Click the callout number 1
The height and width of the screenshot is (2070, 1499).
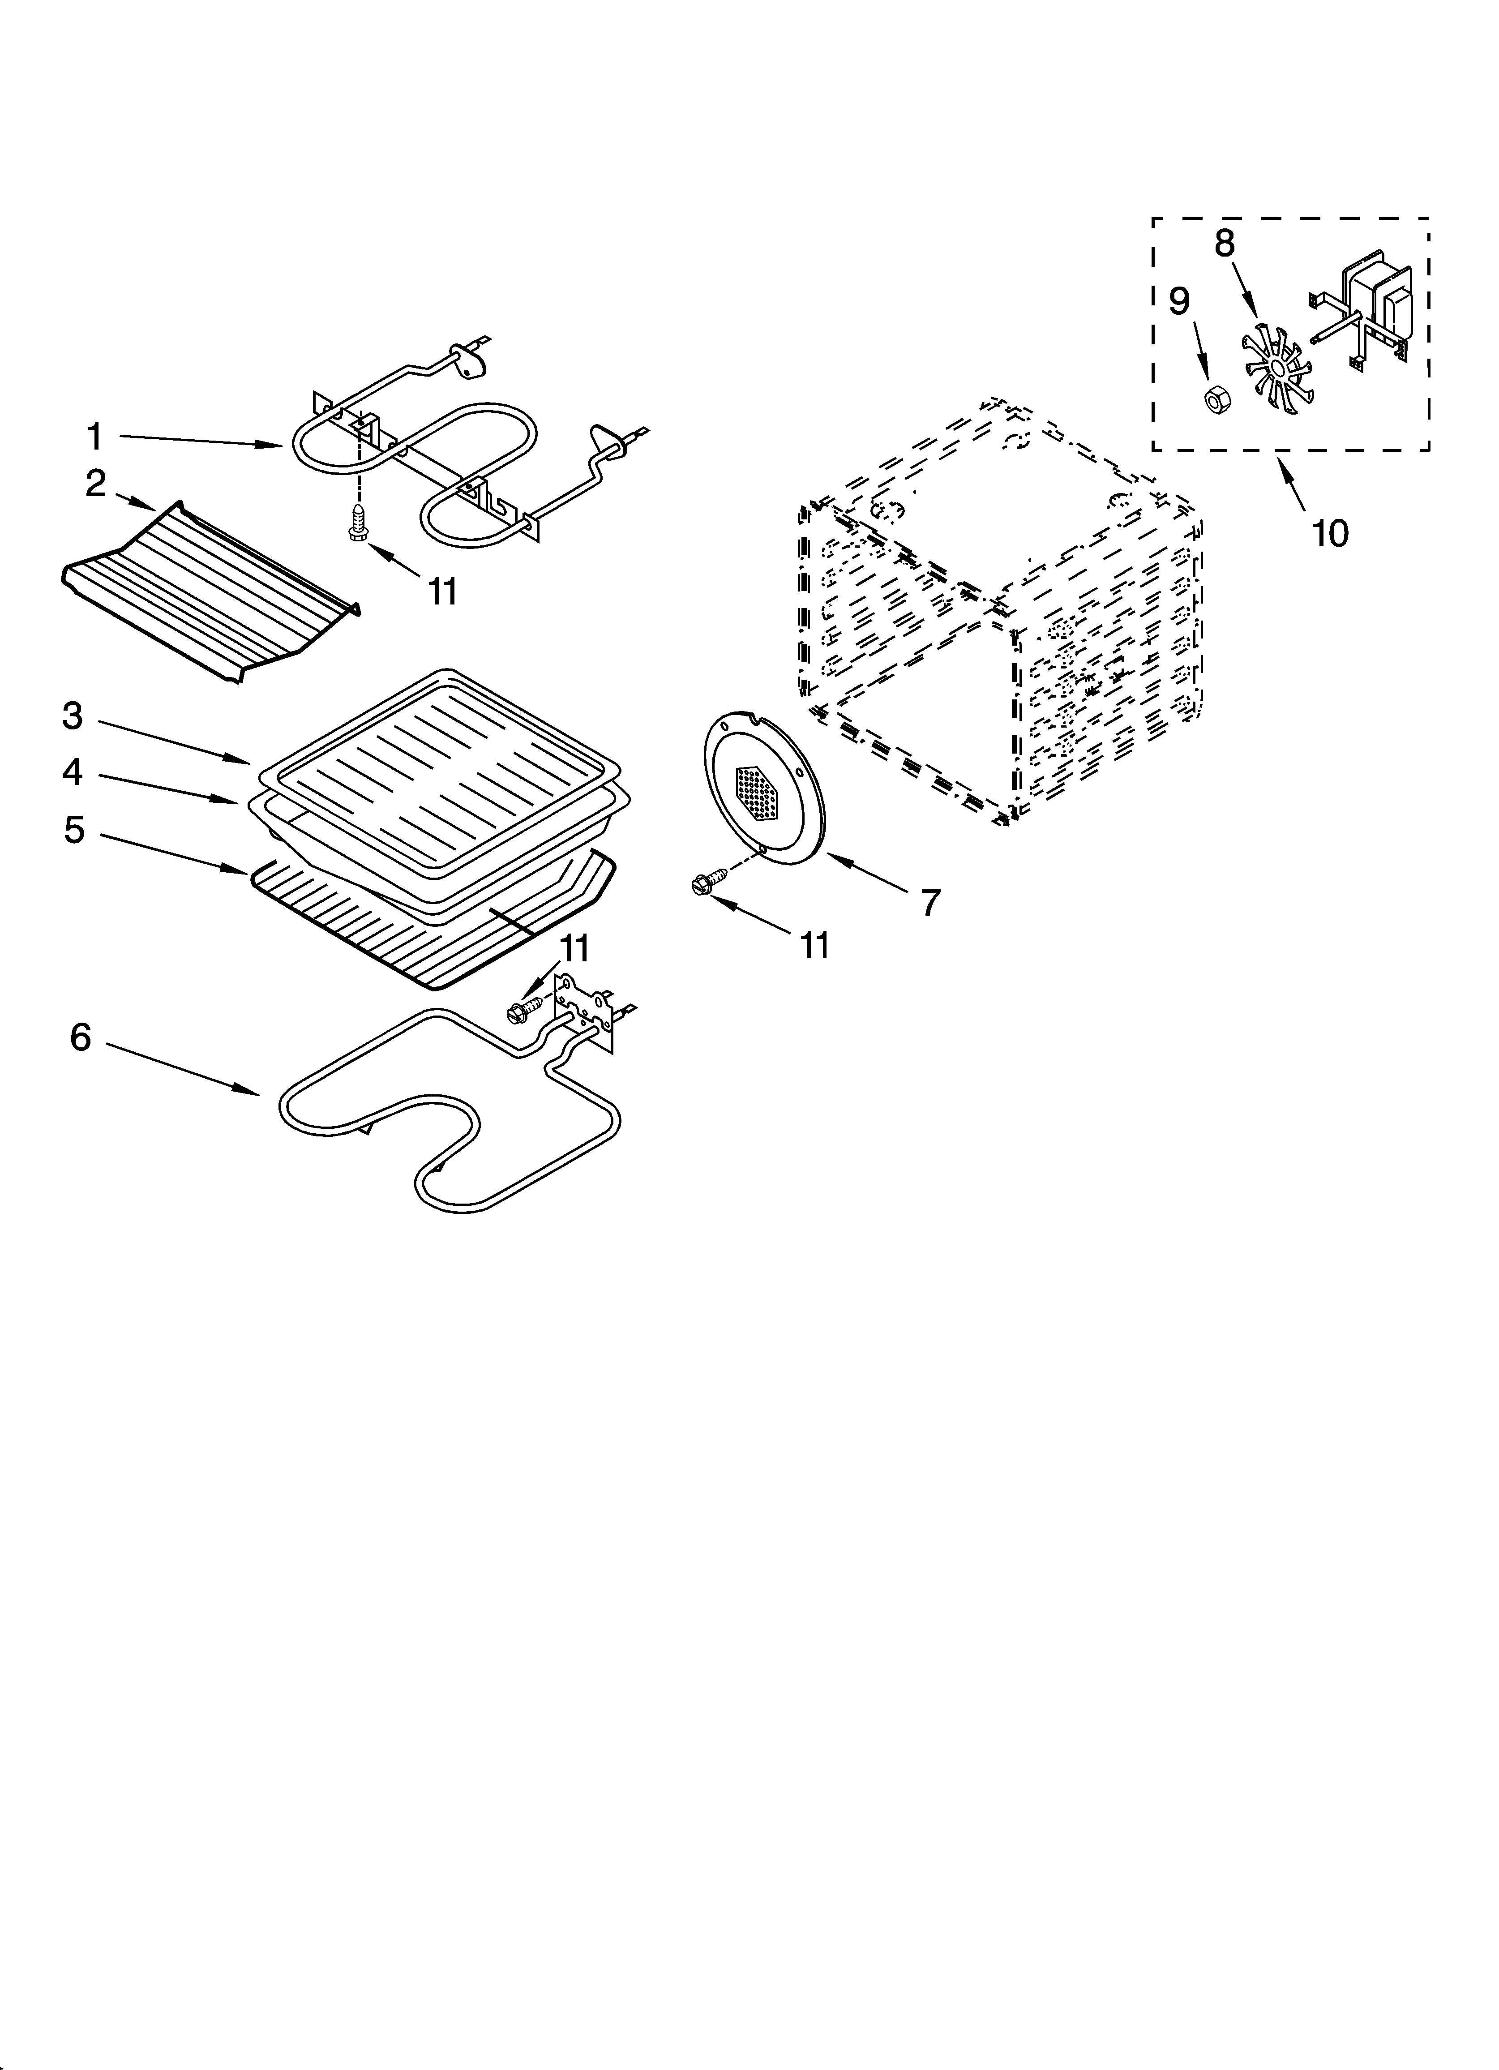[x=95, y=437]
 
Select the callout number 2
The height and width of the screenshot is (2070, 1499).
[x=96, y=484]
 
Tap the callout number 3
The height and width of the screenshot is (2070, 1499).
[x=73, y=716]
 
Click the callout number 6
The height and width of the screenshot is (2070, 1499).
[x=81, y=1037]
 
